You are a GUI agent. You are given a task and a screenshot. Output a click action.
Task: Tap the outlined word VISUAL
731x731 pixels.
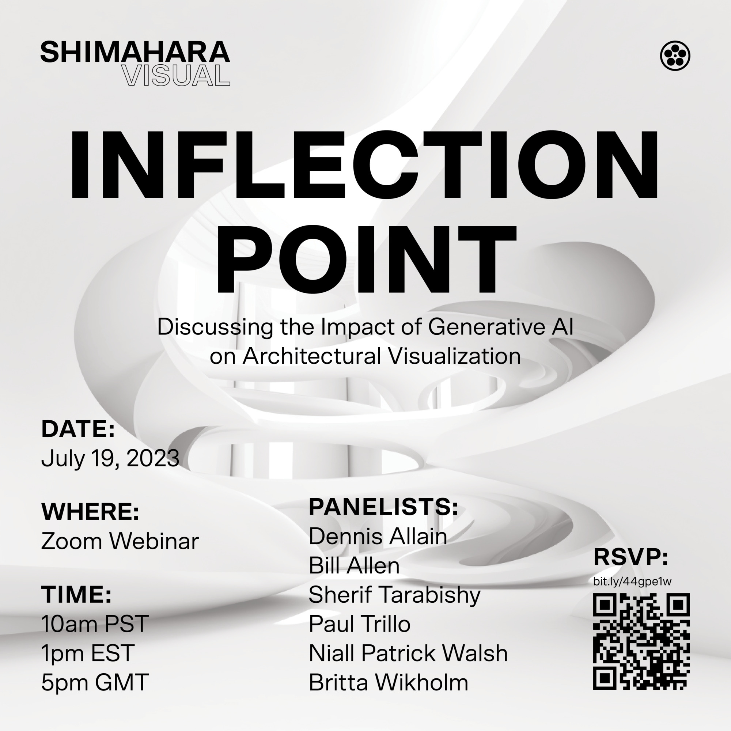click(176, 76)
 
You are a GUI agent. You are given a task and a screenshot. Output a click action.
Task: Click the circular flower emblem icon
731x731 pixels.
click(675, 56)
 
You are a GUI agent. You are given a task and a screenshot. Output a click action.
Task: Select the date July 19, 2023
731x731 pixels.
click(110, 458)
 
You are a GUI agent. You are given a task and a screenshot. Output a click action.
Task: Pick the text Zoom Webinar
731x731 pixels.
click(120, 541)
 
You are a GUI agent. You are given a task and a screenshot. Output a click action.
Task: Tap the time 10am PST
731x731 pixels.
click(95, 624)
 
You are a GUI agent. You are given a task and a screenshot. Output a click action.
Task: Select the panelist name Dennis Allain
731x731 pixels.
click(378, 536)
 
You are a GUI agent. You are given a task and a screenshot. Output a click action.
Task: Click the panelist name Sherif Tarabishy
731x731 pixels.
click(394, 595)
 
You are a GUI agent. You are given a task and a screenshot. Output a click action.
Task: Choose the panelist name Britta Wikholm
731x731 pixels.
click(388, 683)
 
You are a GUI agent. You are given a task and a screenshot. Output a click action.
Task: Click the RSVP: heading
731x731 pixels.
click(631, 557)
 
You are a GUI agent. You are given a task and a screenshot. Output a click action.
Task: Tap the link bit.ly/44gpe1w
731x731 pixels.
click(632, 582)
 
